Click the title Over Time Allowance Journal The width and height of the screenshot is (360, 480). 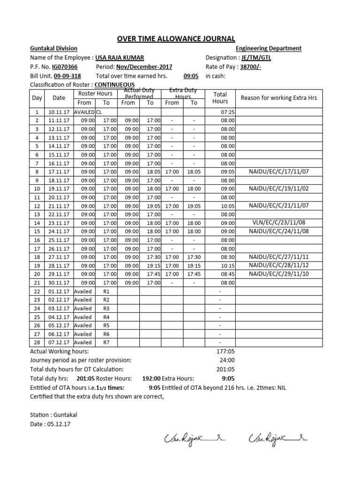[x=179, y=38]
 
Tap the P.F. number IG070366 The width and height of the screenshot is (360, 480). [x=65, y=67]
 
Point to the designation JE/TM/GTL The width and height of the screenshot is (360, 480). [x=255, y=58]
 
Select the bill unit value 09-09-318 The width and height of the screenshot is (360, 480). [x=67, y=75]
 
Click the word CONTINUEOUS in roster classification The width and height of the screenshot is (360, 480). [x=111, y=84]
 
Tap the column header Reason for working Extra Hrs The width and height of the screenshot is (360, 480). [x=278, y=97]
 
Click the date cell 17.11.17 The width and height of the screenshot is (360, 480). [x=59, y=172]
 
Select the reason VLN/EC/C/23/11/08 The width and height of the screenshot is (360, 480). [x=278, y=223]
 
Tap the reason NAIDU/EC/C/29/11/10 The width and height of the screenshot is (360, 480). [x=278, y=274]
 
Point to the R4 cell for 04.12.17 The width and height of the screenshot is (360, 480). [x=106, y=316]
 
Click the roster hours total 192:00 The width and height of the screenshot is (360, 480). [x=151, y=378]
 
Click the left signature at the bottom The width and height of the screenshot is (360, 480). [x=192, y=439]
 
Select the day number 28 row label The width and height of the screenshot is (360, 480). [x=37, y=342]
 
